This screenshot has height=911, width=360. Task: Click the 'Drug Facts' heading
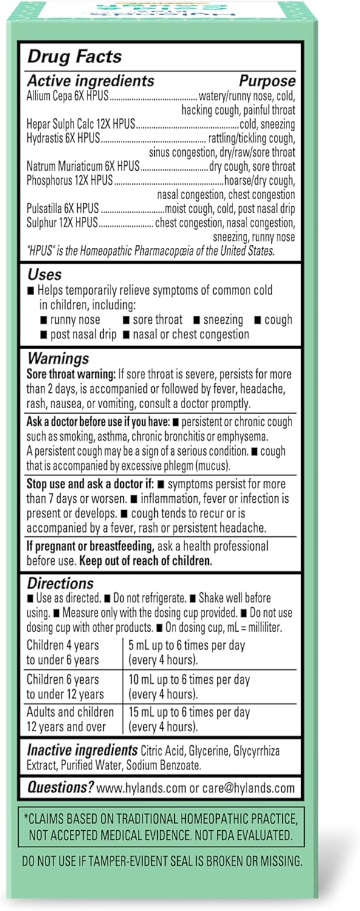click(75, 57)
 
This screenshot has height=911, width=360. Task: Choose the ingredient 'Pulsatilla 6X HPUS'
click(63, 208)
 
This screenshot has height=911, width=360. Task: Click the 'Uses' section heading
click(44, 275)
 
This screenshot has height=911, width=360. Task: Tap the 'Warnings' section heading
click(58, 358)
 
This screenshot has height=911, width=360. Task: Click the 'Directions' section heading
click(60, 584)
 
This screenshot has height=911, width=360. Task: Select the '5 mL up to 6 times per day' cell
click(187, 645)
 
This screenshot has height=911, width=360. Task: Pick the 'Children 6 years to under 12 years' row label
click(65, 687)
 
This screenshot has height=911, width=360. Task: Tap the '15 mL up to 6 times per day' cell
click(189, 712)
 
